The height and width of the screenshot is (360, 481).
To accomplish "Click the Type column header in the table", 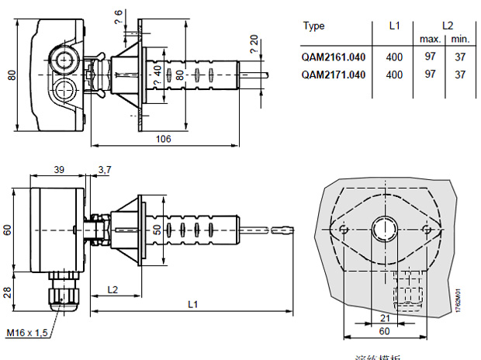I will click(x=313, y=26).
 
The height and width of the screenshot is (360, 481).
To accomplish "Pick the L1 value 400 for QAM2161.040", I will click(x=394, y=57).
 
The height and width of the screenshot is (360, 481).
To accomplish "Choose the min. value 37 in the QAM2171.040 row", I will click(x=461, y=74).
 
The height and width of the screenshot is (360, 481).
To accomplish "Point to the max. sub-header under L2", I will click(x=431, y=38).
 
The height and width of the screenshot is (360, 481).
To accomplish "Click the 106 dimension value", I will click(x=163, y=139).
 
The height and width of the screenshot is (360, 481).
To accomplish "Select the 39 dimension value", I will click(x=58, y=169).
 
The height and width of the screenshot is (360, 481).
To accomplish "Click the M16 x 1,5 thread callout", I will click(x=29, y=332).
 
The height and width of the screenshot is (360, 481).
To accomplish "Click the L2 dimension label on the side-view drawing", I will click(x=113, y=289).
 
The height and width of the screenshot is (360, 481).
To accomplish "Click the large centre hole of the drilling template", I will click(x=383, y=228).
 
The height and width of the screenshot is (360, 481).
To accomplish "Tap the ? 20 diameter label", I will click(x=254, y=43).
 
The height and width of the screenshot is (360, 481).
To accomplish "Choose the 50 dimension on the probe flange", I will click(x=157, y=230).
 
